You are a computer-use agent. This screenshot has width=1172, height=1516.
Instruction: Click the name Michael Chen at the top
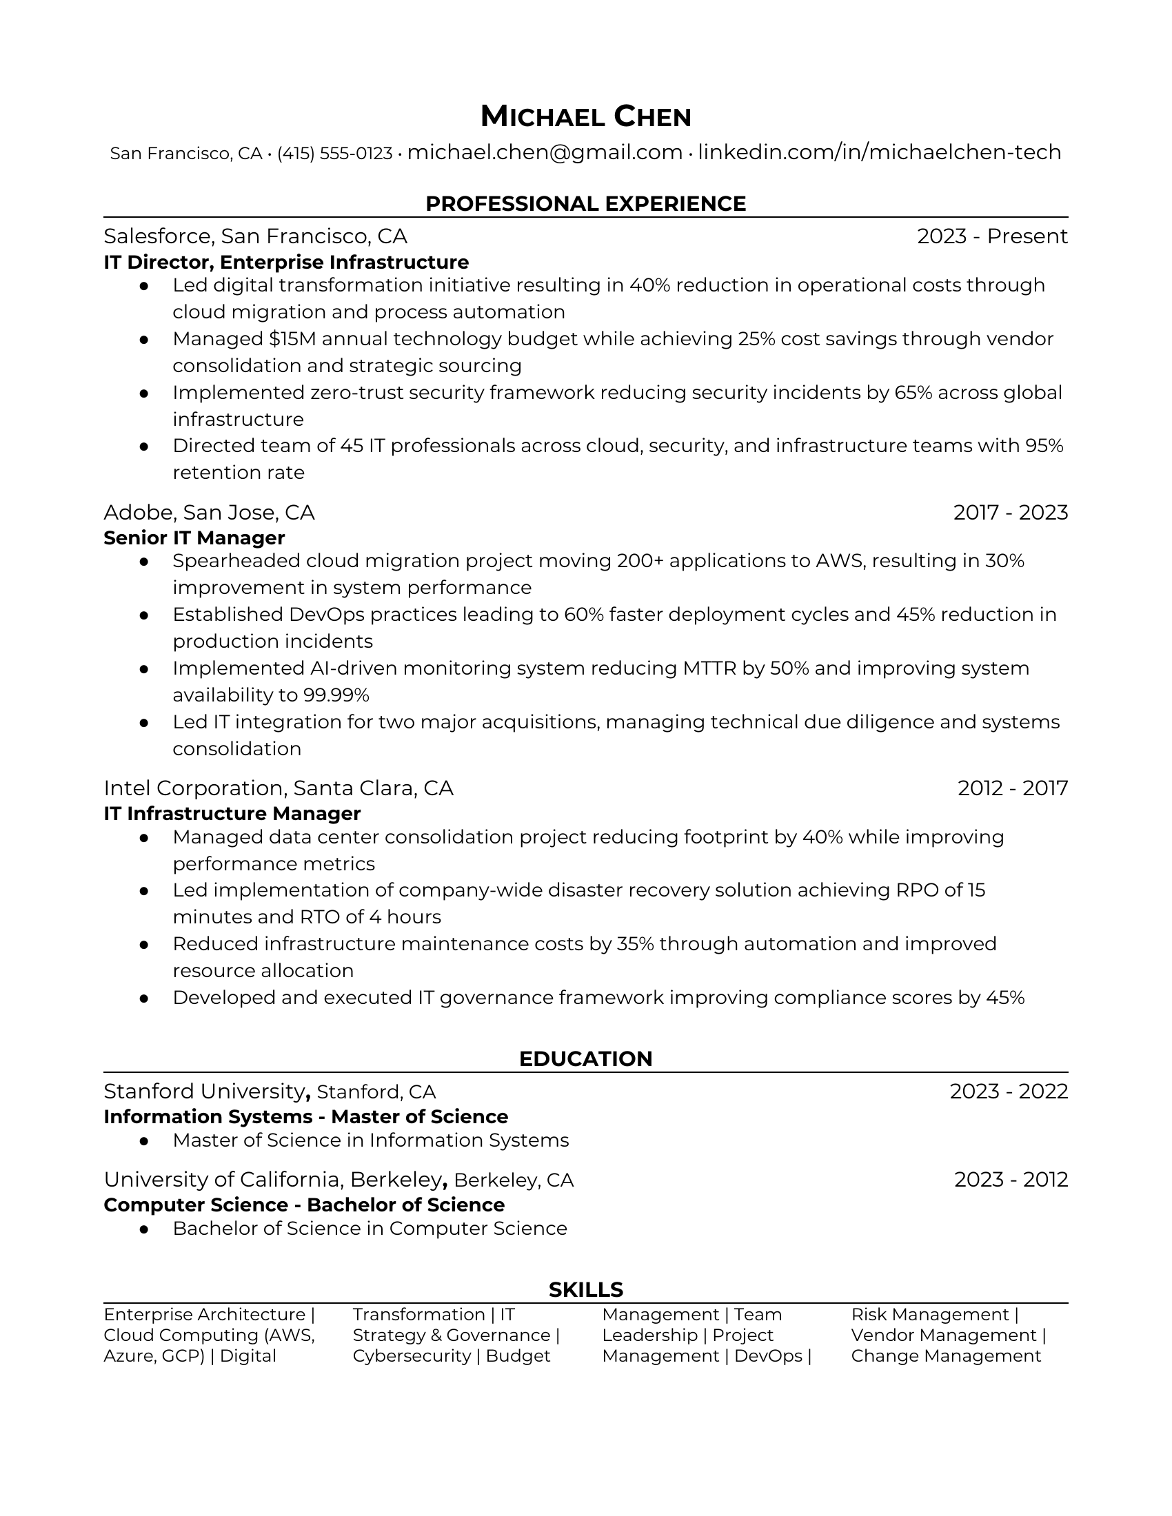(x=585, y=116)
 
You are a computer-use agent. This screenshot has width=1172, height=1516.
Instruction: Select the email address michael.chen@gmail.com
(x=545, y=152)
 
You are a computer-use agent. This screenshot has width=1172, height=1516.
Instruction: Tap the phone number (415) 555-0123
(x=334, y=154)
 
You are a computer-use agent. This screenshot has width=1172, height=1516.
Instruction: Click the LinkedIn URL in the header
(x=879, y=152)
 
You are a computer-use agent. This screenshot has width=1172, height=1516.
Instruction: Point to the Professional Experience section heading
(x=585, y=203)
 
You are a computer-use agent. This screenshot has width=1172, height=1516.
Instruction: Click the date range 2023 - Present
(x=991, y=236)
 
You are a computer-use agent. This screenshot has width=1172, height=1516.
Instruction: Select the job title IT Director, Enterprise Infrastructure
(x=286, y=263)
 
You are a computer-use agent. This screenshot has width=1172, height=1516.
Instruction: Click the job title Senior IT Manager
(x=194, y=538)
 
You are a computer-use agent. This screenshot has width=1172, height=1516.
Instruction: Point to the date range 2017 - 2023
(x=1010, y=512)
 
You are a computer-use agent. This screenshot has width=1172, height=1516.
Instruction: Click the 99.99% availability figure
(x=336, y=695)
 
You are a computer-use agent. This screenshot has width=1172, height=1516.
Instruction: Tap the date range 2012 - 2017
(x=1012, y=788)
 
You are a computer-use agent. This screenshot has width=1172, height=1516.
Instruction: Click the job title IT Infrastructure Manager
(x=232, y=814)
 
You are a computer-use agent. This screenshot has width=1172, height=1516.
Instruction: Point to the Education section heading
(x=585, y=1058)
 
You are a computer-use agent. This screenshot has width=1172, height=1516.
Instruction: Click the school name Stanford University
(x=204, y=1092)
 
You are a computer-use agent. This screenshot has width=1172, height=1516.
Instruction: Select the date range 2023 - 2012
(x=1010, y=1179)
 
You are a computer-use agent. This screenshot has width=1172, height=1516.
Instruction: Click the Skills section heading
(x=585, y=1289)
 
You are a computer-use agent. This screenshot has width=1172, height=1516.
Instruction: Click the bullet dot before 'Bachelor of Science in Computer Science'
(x=144, y=1229)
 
